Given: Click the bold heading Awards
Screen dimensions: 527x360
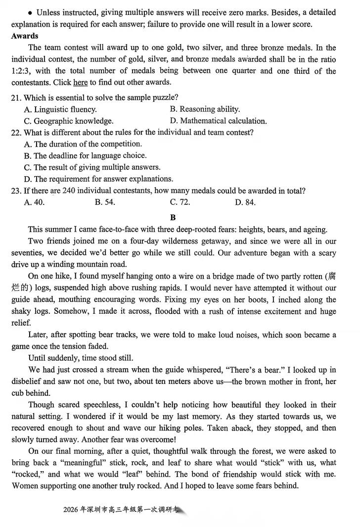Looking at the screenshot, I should (x=25, y=36).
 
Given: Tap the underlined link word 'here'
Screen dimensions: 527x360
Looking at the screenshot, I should (x=80, y=83).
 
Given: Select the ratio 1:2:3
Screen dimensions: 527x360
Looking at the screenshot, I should (x=21, y=71).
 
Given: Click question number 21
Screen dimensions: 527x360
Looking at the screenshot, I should (x=17, y=97).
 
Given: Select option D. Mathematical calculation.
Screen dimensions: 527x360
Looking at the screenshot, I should (x=218, y=121).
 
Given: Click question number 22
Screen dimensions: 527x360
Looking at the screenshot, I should (x=17, y=133).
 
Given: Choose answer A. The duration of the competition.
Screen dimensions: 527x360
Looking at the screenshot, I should (x=83, y=144).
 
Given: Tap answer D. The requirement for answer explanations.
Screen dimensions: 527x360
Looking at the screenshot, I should (x=98, y=179).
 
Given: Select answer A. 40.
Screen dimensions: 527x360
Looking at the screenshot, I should (x=34, y=202).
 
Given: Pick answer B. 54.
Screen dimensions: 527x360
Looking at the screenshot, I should (x=105, y=202).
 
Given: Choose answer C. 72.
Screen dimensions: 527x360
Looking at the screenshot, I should (x=180, y=202).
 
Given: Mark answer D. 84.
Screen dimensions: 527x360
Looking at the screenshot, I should (x=245, y=202).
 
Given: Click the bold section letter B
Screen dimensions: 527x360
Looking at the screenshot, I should (x=173, y=217).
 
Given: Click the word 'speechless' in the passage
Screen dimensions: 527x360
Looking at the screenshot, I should (x=99, y=405).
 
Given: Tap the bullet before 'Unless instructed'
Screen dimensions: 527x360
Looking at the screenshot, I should (x=31, y=12).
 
